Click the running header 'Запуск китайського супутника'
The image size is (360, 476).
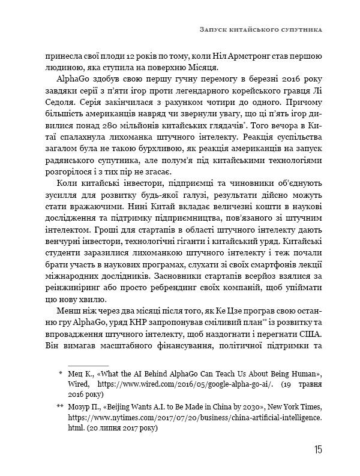(260, 28)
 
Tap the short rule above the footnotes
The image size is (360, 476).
(88, 364)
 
